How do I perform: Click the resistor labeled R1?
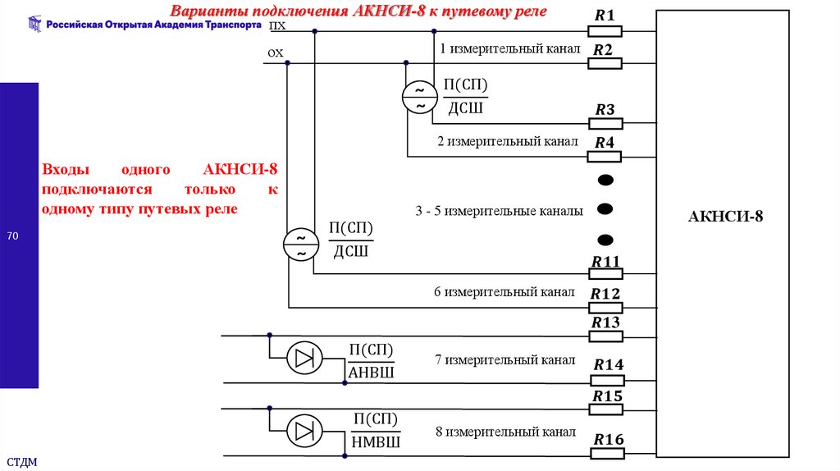click(x=606, y=31)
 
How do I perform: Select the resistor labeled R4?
click(x=606, y=156)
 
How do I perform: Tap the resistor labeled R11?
click(x=606, y=274)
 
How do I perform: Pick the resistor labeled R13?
click(x=606, y=336)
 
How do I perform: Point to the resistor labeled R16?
click(x=608, y=453)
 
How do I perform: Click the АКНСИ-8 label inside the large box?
click(x=725, y=217)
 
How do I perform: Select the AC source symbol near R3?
click(x=419, y=98)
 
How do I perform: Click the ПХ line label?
click(x=278, y=25)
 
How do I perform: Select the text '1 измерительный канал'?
click(x=509, y=49)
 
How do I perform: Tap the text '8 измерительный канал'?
click(x=504, y=432)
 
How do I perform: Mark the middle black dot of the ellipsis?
click(x=605, y=210)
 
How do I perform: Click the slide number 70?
click(x=12, y=237)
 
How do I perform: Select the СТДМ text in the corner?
click(x=22, y=462)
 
